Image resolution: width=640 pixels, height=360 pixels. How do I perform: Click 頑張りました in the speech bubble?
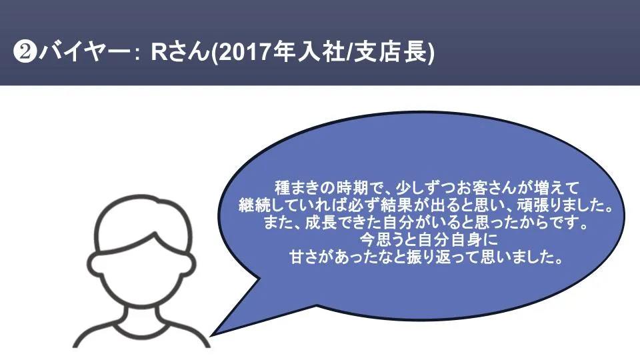tap(566, 205)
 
